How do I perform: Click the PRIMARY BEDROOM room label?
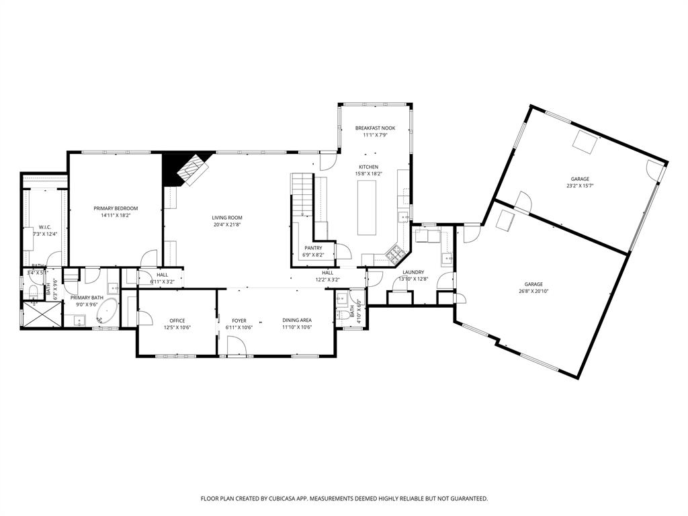point(116,208)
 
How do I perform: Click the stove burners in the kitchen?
point(394,255)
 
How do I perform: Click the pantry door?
point(343,251)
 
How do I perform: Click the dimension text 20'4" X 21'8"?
point(227,224)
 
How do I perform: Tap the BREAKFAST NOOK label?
point(375,128)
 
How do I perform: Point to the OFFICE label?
point(177,320)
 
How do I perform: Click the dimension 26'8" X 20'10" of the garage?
point(534,291)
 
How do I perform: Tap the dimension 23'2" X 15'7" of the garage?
point(580,185)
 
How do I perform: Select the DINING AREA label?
point(296,320)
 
